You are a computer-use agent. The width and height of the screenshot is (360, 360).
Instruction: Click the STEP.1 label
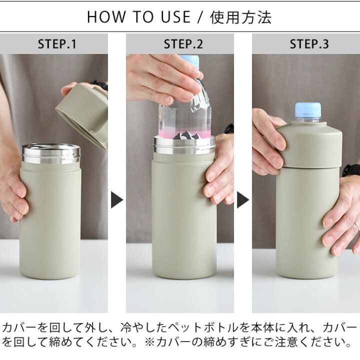point(57,44)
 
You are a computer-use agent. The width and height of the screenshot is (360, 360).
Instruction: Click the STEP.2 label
point(183,44)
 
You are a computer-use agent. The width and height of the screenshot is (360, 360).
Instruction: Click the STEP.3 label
point(309,44)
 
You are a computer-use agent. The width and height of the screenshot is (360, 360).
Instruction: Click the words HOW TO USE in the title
point(138,17)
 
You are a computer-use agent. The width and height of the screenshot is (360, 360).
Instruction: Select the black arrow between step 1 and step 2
point(116,200)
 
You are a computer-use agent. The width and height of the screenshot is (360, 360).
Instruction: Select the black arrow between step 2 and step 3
point(242,200)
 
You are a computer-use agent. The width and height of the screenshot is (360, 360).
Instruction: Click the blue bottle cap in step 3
point(308,110)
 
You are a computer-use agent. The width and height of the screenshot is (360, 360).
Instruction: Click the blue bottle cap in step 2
point(190,61)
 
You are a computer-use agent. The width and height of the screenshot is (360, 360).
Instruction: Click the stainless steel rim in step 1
point(50,153)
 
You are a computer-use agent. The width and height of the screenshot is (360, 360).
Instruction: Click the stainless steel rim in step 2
point(184,145)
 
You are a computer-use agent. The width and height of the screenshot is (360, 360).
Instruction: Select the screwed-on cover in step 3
point(309,145)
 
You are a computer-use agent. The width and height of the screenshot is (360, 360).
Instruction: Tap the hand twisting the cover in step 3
point(267,145)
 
